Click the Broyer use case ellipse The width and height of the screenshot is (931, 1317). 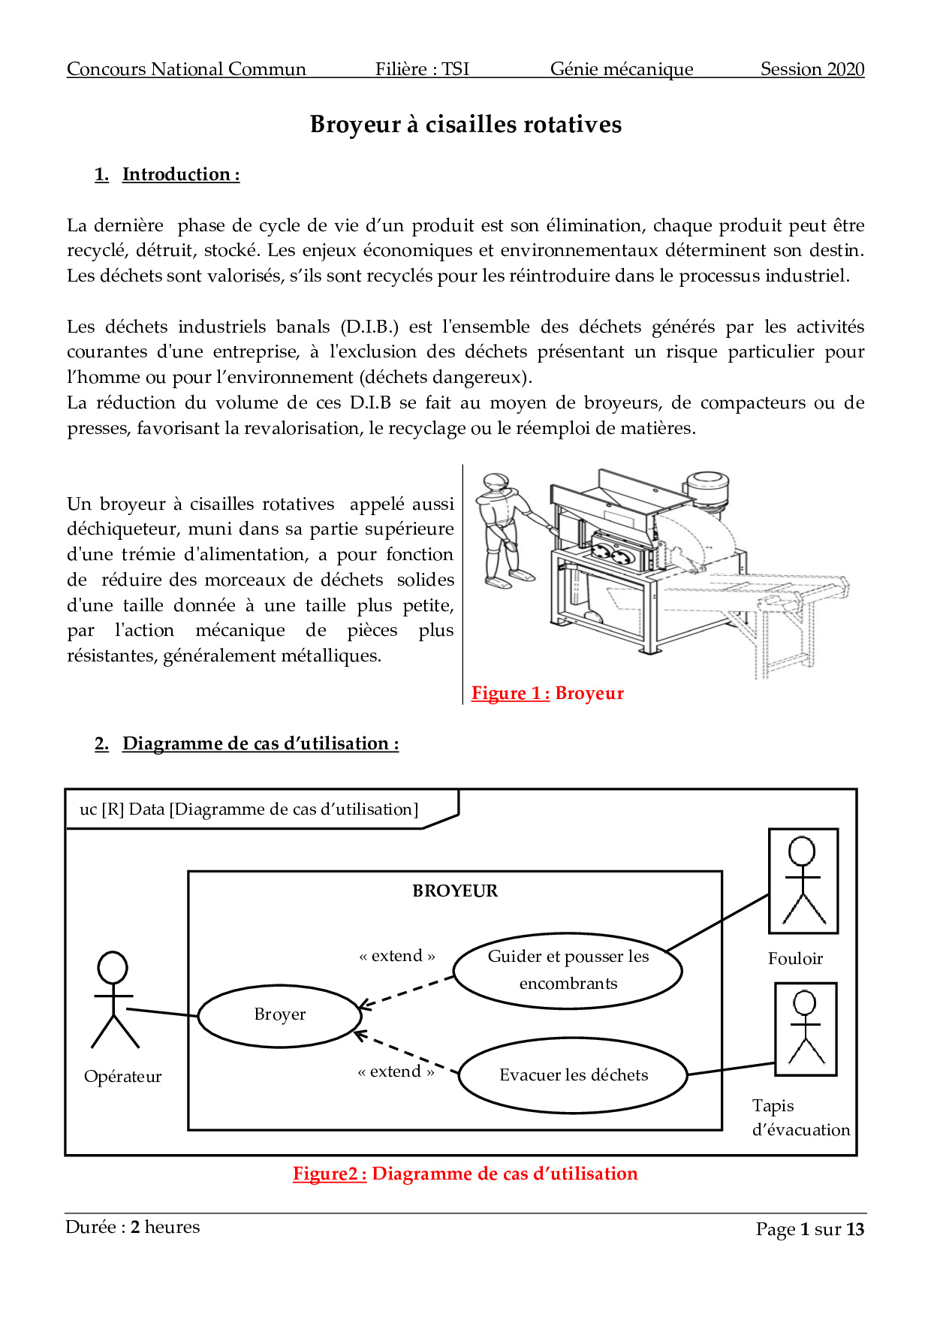point(279,1015)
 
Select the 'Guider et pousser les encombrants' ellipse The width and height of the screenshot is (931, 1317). point(568,970)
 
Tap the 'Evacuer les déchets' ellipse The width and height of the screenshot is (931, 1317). point(573,1075)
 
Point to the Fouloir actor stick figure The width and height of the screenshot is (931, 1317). point(803,880)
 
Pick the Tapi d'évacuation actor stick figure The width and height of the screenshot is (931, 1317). point(805,1028)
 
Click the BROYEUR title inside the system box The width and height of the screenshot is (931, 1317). point(455,891)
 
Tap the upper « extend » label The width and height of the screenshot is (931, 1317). point(396,956)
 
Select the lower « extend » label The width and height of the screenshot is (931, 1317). point(396,1071)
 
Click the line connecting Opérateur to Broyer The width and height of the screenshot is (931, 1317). point(161,1013)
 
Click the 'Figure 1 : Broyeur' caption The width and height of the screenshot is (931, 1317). point(547,693)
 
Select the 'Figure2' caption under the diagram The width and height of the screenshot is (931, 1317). point(465,1174)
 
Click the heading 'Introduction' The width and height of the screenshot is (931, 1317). point(180,174)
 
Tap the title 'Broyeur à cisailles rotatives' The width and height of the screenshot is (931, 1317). point(465,125)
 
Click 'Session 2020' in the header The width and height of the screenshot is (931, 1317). point(812,69)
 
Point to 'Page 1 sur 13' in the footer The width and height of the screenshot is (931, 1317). point(809,1229)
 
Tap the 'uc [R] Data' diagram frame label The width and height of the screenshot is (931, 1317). point(249,809)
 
